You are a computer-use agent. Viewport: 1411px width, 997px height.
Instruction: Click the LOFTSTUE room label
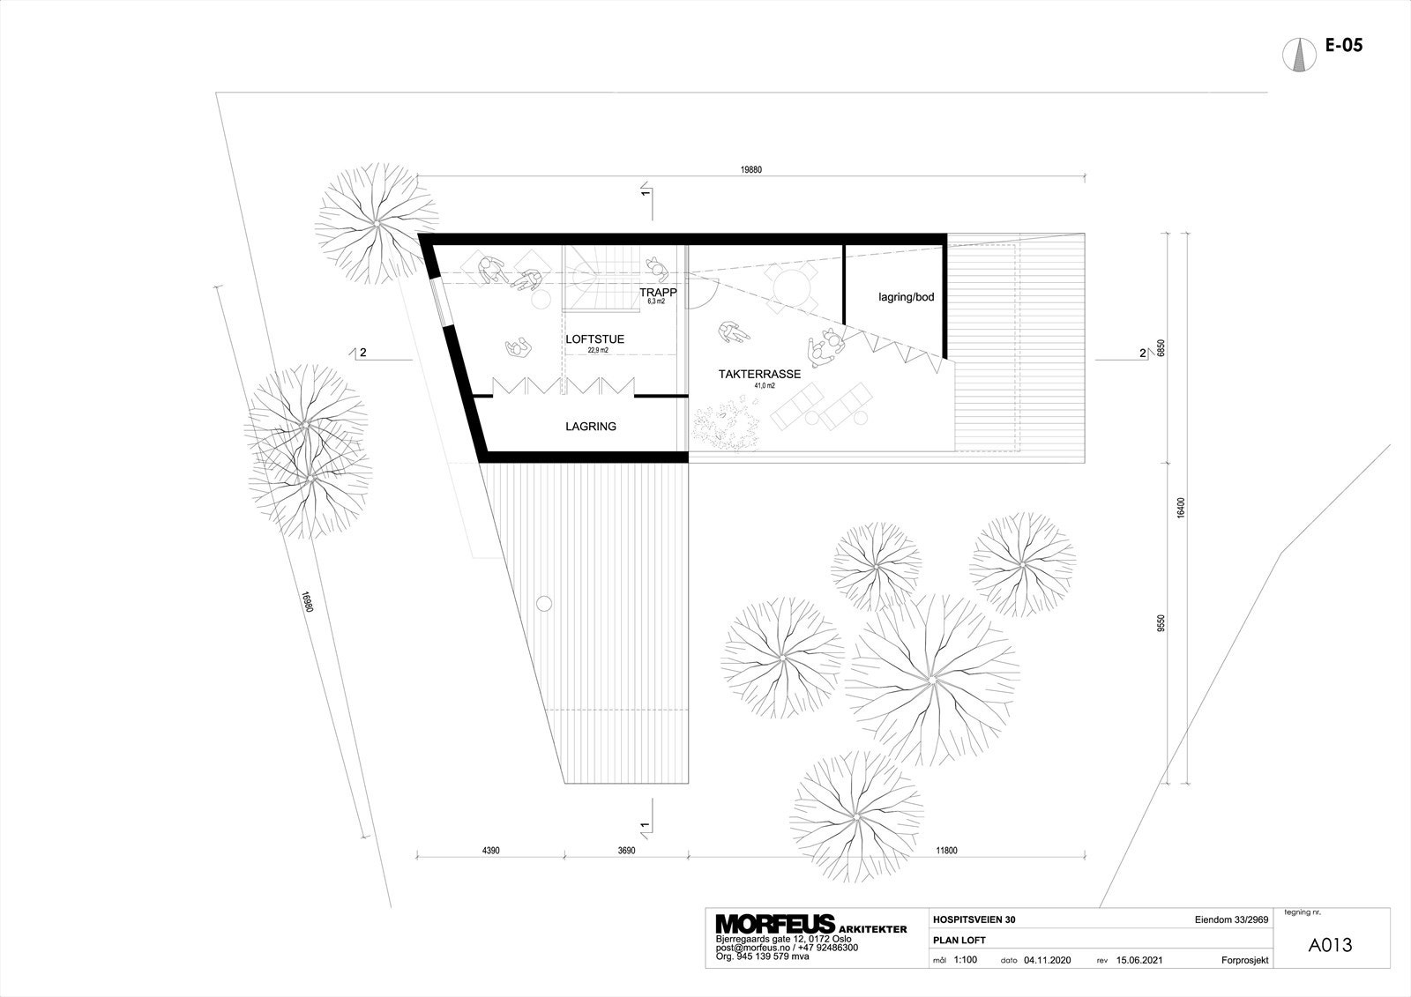point(594,339)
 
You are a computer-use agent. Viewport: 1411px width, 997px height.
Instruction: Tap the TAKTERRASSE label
point(759,374)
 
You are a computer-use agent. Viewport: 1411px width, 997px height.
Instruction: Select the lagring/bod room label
point(906,297)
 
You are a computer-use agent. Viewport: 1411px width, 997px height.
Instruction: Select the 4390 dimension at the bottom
point(491,851)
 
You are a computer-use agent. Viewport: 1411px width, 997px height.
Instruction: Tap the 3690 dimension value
point(625,851)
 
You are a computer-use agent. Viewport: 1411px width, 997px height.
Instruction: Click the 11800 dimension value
point(945,851)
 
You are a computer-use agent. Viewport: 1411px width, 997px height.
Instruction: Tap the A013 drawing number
point(1330,945)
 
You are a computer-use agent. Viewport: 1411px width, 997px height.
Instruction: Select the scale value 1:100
point(966,960)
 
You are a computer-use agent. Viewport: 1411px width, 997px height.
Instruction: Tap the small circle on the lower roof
point(544,603)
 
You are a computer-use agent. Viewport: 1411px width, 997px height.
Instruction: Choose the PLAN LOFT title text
point(959,940)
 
